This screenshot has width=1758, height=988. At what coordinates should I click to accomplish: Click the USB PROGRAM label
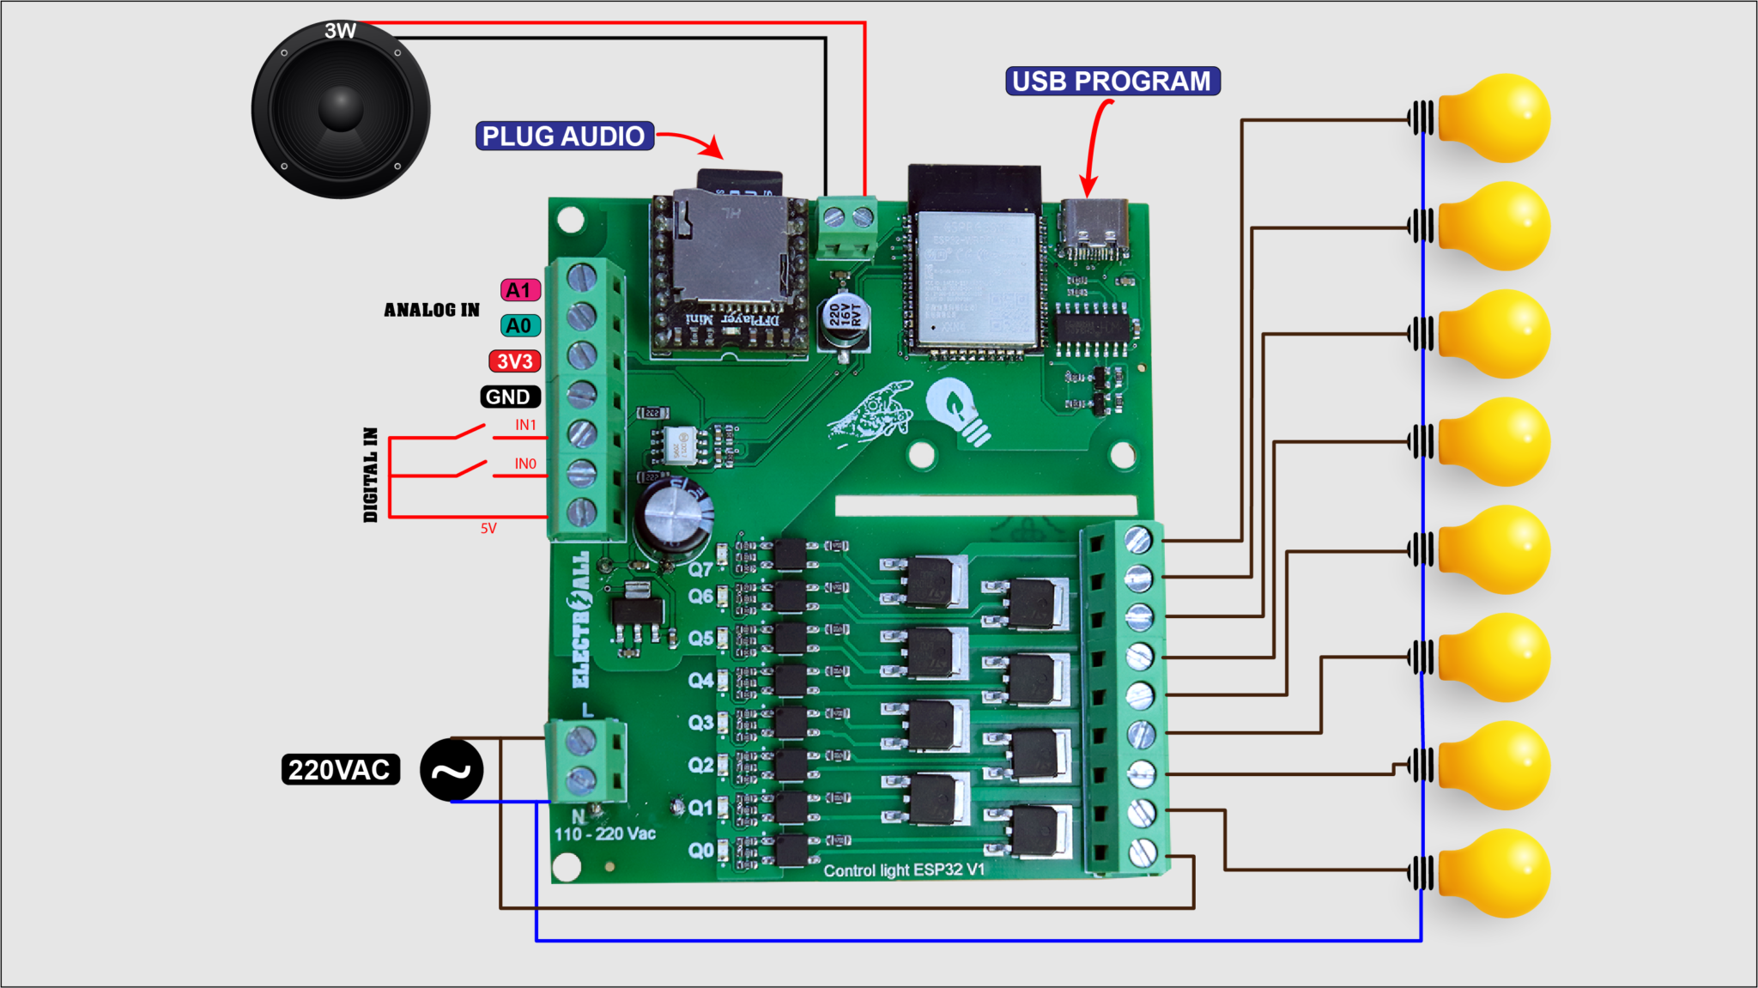point(1112,82)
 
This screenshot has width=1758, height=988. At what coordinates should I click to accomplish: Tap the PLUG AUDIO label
point(564,136)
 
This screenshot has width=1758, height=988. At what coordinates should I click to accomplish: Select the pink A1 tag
point(519,290)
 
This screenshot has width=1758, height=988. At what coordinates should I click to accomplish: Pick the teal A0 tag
point(519,326)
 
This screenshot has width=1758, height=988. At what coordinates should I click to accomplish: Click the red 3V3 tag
point(514,361)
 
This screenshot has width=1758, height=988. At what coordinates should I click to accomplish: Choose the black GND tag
point(509,397)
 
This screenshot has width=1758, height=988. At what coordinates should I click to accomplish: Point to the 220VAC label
point(340,770)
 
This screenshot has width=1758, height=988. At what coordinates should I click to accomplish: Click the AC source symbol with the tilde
point(452,770)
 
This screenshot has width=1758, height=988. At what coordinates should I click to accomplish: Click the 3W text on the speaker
point(340,32)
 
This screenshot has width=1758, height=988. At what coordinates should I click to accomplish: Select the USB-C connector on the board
point(1093,227)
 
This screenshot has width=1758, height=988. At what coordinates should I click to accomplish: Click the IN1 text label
point(525,425)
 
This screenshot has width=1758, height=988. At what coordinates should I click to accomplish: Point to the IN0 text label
point(525,464)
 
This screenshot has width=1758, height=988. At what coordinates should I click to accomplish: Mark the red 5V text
point(488,529)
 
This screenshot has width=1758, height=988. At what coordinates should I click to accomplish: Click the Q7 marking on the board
point(700,569)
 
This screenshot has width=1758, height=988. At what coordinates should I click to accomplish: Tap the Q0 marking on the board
point(700,850)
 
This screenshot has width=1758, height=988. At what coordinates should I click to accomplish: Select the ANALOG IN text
point(432,310)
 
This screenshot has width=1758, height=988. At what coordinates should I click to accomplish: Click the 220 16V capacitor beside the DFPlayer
point(843,319)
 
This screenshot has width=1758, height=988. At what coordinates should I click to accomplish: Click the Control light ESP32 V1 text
point(904,870)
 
